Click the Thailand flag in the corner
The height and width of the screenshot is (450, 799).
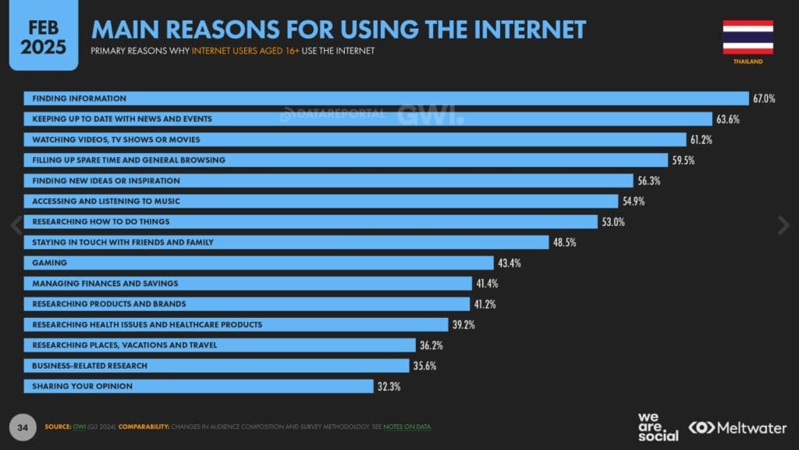click(748, 37)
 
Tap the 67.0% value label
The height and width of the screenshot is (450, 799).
click(763, 98)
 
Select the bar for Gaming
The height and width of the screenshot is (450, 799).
click(257, 262)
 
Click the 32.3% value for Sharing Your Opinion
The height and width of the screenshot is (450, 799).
click(389, 386)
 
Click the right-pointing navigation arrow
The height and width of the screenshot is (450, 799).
click(783, 225)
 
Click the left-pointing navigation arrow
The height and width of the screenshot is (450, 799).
click(16, 225)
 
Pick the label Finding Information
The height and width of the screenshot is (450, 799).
click(79, 98)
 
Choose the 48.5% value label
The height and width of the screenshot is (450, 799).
click(564, 242)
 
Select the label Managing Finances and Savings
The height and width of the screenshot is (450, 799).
click(105, 283)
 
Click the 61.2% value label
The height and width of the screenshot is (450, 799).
click(700, 140)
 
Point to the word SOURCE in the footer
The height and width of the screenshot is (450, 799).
click(57, 427)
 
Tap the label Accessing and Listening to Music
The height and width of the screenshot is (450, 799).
click(106, 201)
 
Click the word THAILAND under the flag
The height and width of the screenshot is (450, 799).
click(748, 61)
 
